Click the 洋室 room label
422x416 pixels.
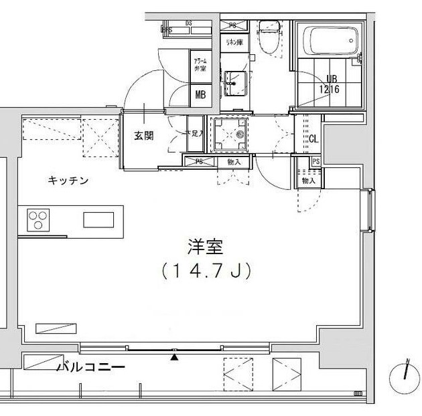pos(205,245)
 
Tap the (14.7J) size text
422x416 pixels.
pos(205,271)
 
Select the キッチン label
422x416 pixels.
pos(68,181)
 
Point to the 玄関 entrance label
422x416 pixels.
pos(143,135)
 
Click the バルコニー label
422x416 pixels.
pos(90,367)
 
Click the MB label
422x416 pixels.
pos(200,94)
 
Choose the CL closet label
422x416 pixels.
pos(313,139)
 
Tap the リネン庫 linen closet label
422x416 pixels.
pos(233,43)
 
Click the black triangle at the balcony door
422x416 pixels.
pos(175,356)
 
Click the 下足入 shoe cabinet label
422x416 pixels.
pos(195,134)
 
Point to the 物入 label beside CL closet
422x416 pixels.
pos(308,181)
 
